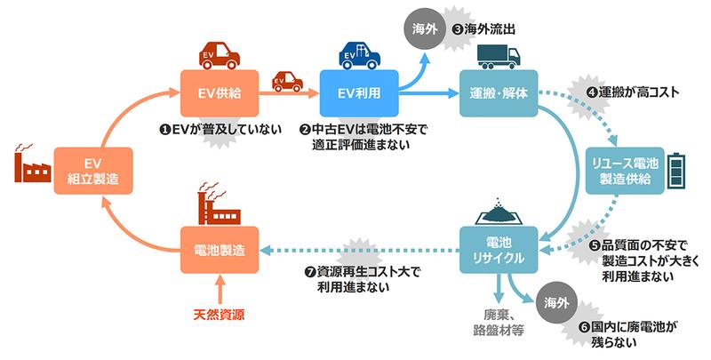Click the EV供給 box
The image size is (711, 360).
220,91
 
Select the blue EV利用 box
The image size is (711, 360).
358,91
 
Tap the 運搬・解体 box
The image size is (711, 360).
498,91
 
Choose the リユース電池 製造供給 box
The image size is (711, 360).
625,171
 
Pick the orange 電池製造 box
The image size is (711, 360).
220,250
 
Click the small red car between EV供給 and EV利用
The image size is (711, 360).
288,82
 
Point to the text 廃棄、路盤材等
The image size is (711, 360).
498,323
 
